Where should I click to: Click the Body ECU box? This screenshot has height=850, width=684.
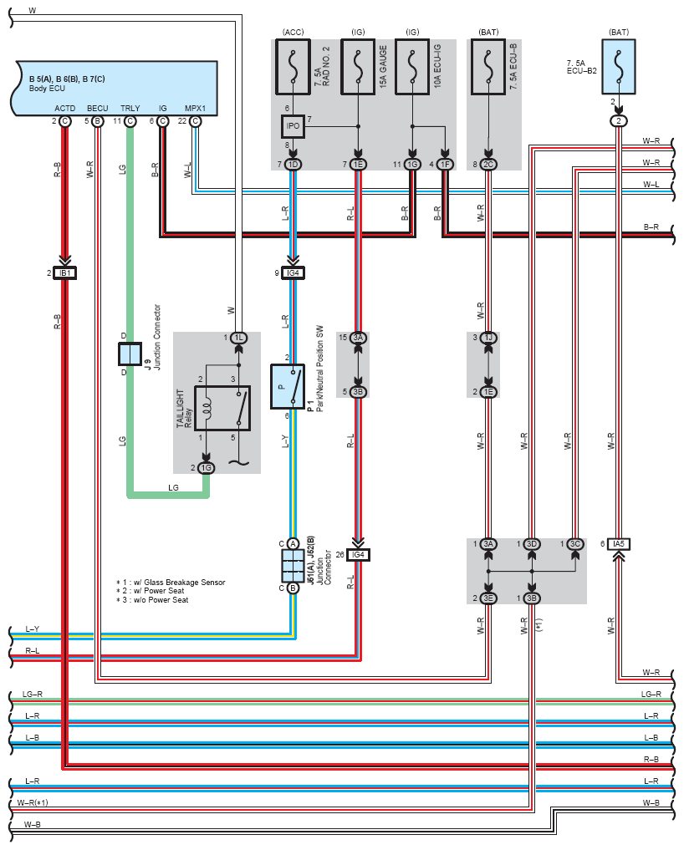point(114,88)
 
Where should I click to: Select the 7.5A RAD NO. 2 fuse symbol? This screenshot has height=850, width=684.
point(293,67)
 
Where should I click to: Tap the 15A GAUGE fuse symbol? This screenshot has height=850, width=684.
point(358,67)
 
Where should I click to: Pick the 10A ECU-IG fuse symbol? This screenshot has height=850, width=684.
point(412,67)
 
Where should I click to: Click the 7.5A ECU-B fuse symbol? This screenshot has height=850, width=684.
point(488,67)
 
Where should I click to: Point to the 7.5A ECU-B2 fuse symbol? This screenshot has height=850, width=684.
point(619,67)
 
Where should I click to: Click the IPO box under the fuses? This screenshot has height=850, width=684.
point(293,126)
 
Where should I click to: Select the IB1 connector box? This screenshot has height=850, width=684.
point(65,272)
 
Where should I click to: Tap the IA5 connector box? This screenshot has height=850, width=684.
point(619,544)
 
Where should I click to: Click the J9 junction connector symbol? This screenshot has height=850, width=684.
point(130,354)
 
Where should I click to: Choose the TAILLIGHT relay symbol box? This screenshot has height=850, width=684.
point(222,408)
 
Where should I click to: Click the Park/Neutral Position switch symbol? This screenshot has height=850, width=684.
point(288,386)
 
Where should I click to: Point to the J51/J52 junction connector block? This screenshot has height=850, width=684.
point(293,565)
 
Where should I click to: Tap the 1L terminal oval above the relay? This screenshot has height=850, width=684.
point(238,338)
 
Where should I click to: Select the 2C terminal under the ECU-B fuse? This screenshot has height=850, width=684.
point(488,165)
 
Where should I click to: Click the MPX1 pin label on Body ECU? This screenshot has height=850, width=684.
point(196,109)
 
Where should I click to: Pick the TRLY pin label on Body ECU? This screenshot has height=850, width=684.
point(130,109)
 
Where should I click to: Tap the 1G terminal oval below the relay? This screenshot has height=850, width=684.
point(207,468)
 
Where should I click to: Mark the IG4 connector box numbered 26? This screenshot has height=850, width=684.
point(358,555)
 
